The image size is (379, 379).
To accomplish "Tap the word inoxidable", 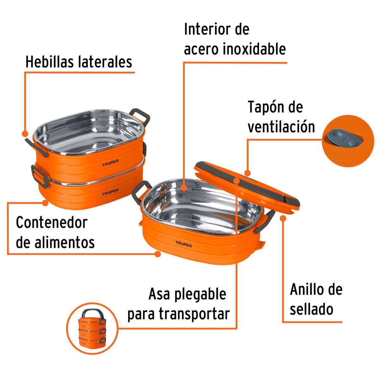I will pos(254,49).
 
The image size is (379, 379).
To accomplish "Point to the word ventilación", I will pos(281,127).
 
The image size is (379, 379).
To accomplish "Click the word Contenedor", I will pos(51,223).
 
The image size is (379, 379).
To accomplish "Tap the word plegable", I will pos(200,295).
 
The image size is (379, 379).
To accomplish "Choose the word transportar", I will pos(194,314).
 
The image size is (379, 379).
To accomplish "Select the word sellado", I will pos(311,309).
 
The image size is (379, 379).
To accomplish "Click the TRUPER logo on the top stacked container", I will pos(110,162).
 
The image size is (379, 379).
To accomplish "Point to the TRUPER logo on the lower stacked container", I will pos(110,192).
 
